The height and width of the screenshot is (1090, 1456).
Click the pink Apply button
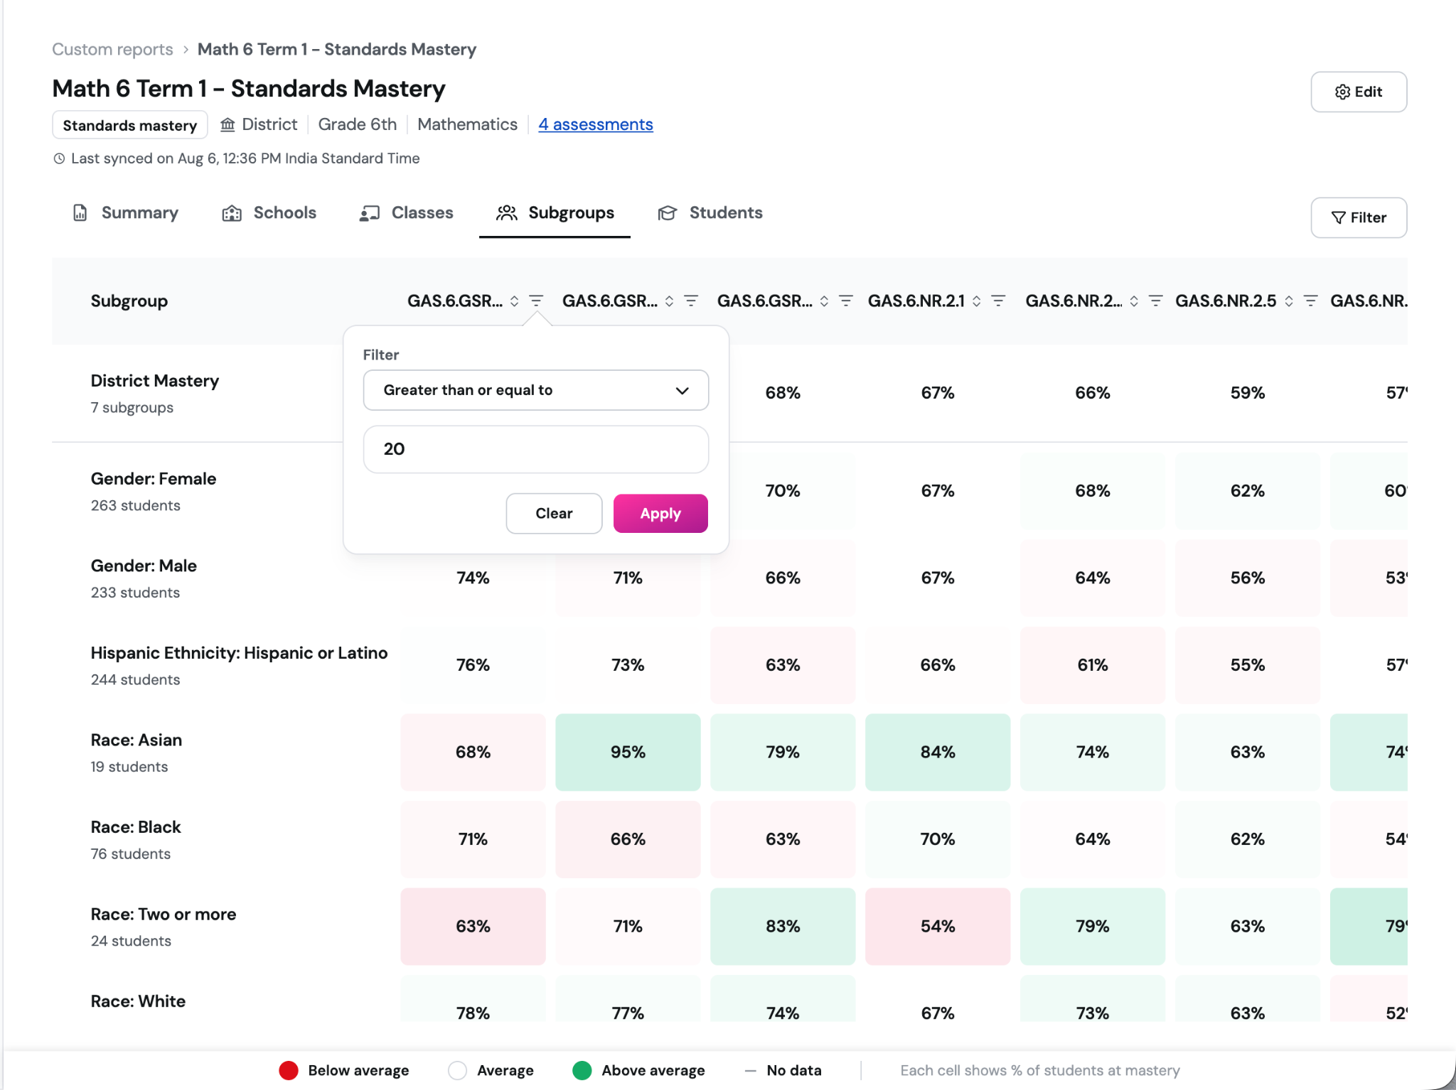pos(660,513)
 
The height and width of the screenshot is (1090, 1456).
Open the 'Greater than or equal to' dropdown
pos(536,390)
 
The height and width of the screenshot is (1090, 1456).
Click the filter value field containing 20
pos(536,449)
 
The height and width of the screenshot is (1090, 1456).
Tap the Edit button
pos(1359,92)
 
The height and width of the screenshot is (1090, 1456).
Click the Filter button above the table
pos(1359,217)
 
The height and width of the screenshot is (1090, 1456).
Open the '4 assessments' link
pos(596,124)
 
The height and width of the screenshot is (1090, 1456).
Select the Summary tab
pos(126,212)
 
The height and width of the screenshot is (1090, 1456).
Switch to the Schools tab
pos(269,212)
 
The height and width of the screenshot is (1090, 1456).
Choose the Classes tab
pos(407,212)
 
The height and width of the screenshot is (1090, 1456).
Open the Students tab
pos(710,212)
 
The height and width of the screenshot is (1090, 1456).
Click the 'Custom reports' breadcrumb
pos(112,49)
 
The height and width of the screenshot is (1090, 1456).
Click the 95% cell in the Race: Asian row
pos(628,752)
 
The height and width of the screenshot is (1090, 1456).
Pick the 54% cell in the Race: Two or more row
pos(938,926)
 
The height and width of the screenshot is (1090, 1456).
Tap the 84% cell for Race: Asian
pos(938,752)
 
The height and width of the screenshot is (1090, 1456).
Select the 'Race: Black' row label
pos(136,827)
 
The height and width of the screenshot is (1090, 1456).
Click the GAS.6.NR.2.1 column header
pos(916,301)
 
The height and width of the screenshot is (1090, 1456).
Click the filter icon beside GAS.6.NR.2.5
pos(1310,301)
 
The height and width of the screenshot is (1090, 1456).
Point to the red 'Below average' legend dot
pos(289,1070)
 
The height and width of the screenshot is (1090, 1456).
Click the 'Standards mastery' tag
pos(130,125)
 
